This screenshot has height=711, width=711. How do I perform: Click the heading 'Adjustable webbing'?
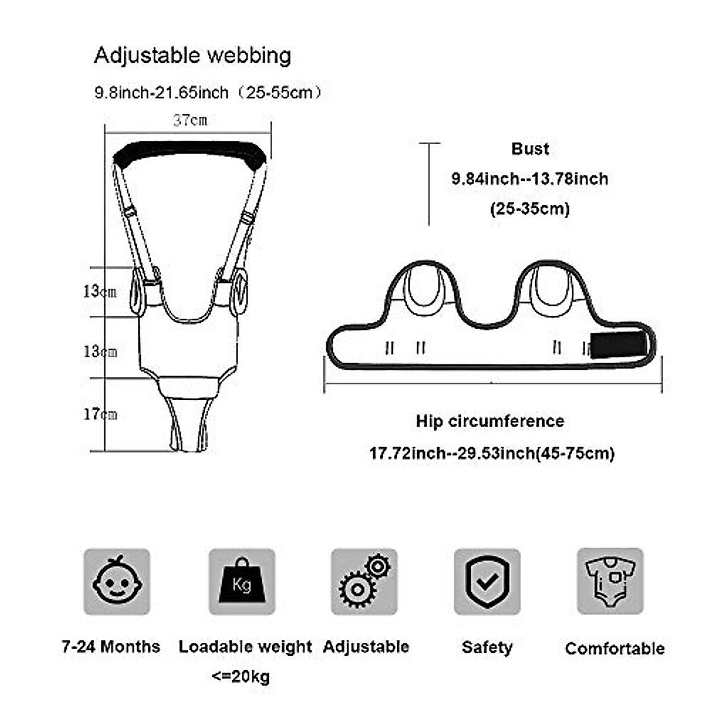[x=193, y=56]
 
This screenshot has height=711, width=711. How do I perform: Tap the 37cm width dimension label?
[x=190, y=121]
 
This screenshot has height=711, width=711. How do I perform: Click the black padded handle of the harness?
[x=189, y=153]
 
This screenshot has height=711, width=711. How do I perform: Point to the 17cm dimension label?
[x=100, y=414]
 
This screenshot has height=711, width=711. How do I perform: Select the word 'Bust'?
[x=530, y=149]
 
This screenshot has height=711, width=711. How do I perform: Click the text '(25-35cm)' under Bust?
[x=530, y=209]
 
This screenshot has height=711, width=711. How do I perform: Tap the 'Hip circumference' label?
[x=489, y=422]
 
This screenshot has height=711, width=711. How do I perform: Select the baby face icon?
[x=117, y=581]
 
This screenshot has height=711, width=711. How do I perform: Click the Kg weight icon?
[x=242, y=581]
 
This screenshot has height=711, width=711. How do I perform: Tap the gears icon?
[x=364, y=581]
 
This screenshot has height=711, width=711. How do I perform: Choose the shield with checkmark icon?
[x=487, y=581]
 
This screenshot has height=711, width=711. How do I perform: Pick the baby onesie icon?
[x=610, y=581]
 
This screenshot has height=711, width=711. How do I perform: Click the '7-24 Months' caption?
[x=111, y=646]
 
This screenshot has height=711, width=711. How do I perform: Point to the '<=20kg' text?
[x=241, y=677]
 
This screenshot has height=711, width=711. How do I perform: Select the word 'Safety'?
[x=486, y=648]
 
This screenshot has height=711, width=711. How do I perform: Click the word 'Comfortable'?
[x=614, y=649]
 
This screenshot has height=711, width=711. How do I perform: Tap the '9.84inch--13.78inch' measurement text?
[x=530, y=179]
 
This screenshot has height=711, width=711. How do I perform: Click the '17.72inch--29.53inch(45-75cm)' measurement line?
[x=492, y=454]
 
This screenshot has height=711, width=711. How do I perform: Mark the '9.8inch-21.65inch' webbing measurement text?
[x=161, y=93]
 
